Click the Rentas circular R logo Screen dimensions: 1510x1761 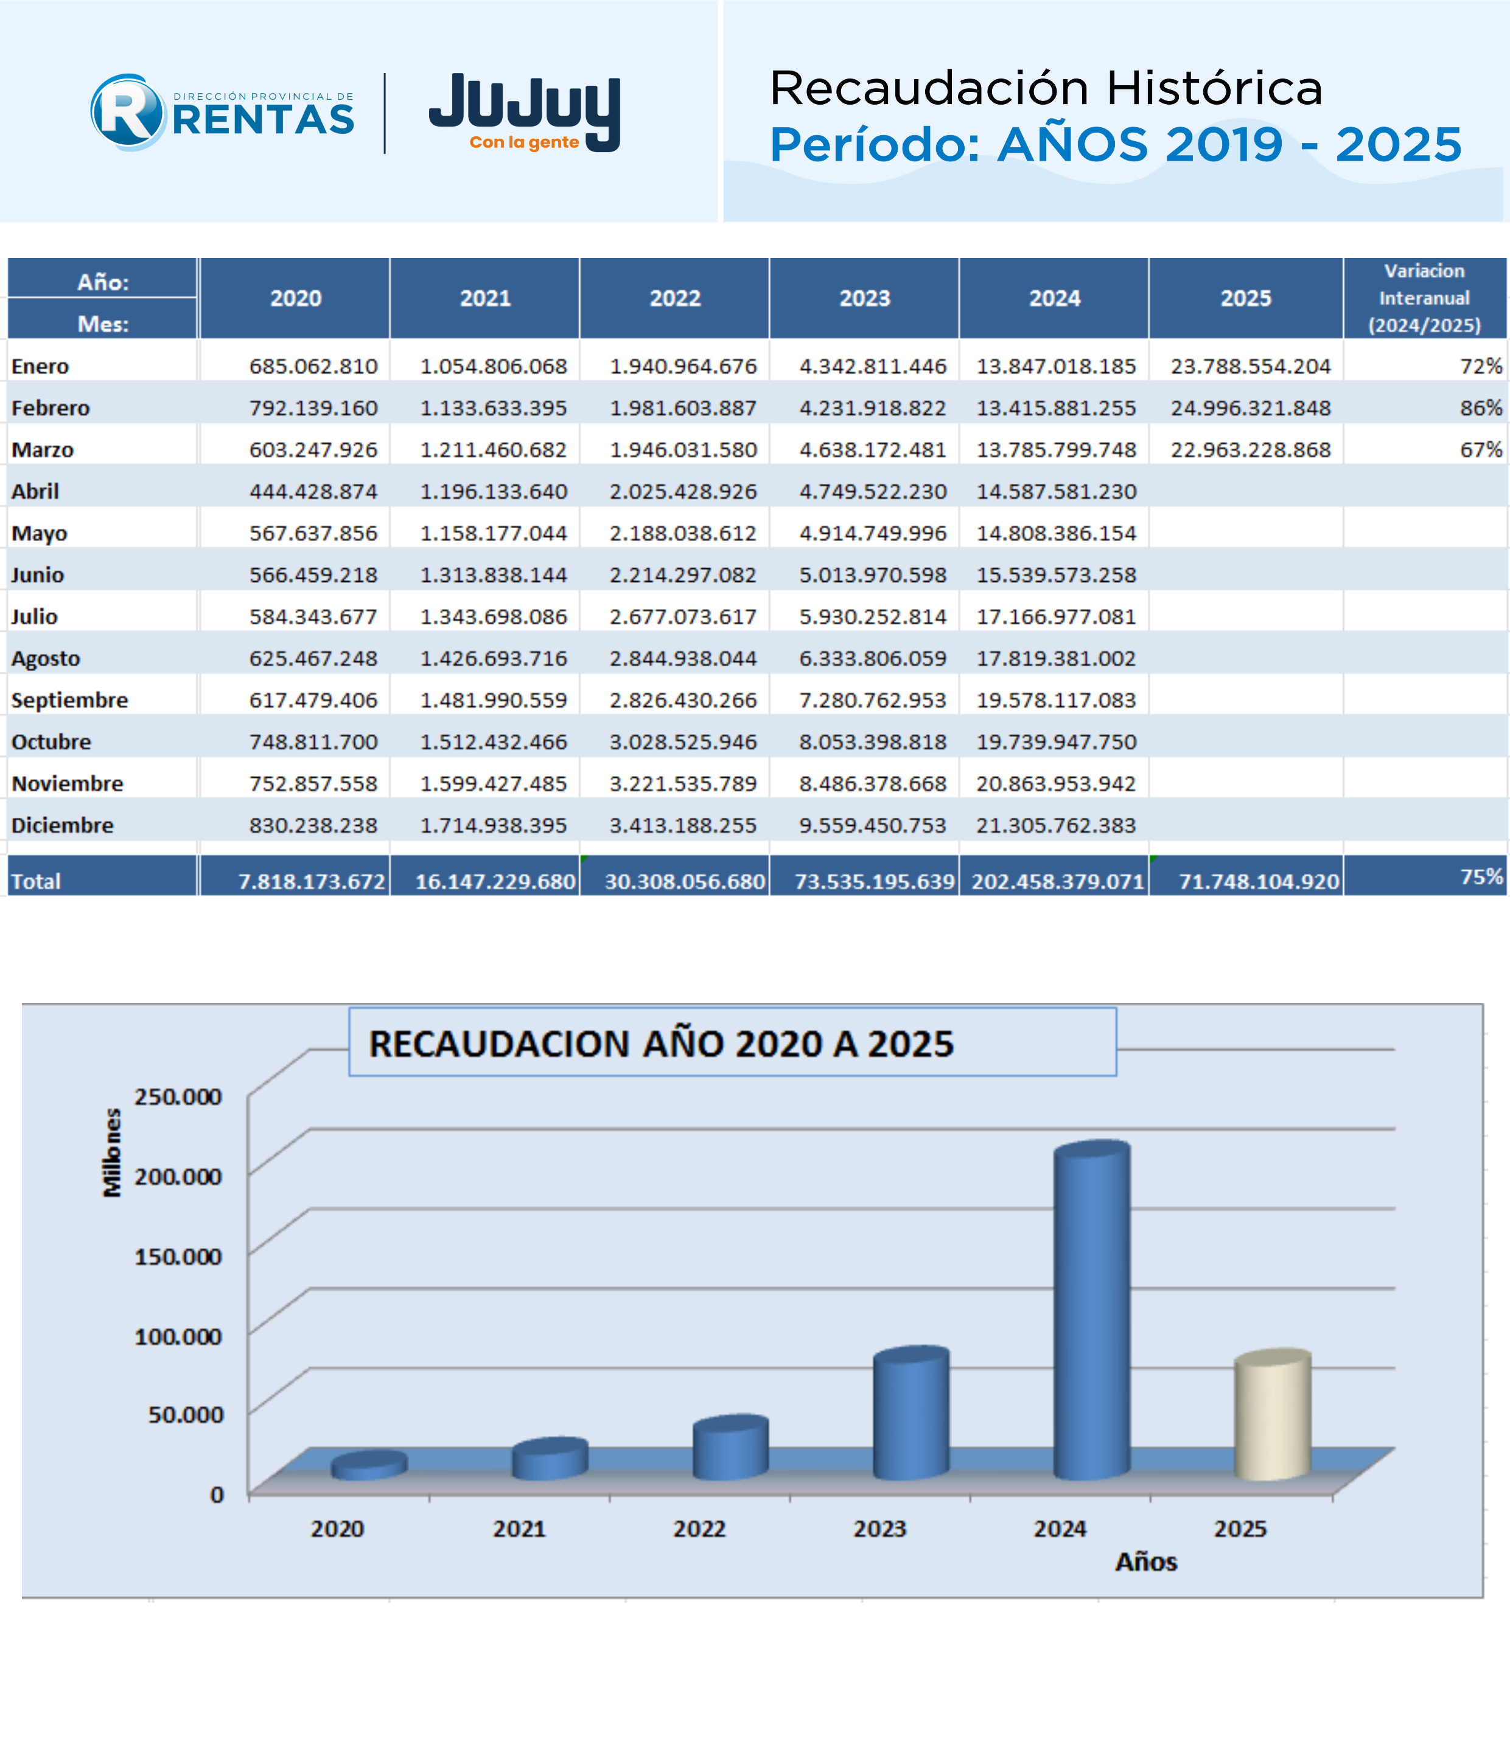128,112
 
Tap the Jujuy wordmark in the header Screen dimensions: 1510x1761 525,111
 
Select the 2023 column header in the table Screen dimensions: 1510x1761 865,298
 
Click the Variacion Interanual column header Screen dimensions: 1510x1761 1424,298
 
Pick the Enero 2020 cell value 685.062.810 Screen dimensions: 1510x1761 313,366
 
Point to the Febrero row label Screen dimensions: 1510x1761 50,408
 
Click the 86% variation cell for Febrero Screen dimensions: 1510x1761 1481,408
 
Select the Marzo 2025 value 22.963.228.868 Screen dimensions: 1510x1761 1251,450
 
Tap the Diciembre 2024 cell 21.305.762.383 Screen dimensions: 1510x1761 1056,825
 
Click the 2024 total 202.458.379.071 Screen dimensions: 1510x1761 1058,881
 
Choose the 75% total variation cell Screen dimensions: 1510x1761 1481,876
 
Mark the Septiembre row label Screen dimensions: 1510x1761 70,700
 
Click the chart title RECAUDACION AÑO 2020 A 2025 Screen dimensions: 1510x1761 662,1044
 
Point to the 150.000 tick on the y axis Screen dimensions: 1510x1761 178,1256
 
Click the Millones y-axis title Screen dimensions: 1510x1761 112,1152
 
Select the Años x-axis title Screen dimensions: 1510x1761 1146,1562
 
